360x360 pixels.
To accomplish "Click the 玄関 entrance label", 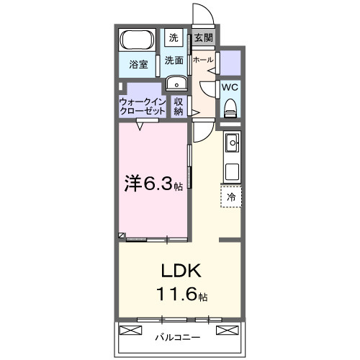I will (203, 37).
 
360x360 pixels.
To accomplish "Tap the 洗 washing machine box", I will (174, 37).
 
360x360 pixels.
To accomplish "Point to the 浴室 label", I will (139, 64).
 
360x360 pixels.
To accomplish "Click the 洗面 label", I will (174, 60).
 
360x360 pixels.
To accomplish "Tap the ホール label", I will (204, 60).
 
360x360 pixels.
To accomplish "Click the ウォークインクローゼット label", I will (143, 107).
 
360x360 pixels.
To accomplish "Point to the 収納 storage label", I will (179, 107).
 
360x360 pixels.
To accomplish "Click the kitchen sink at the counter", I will (232, 144).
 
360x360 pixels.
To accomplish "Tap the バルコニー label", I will (179, 336).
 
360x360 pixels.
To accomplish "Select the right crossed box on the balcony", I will (228, 331).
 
